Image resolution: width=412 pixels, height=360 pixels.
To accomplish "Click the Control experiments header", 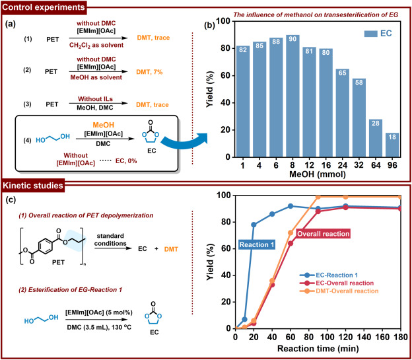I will pos(46,8).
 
